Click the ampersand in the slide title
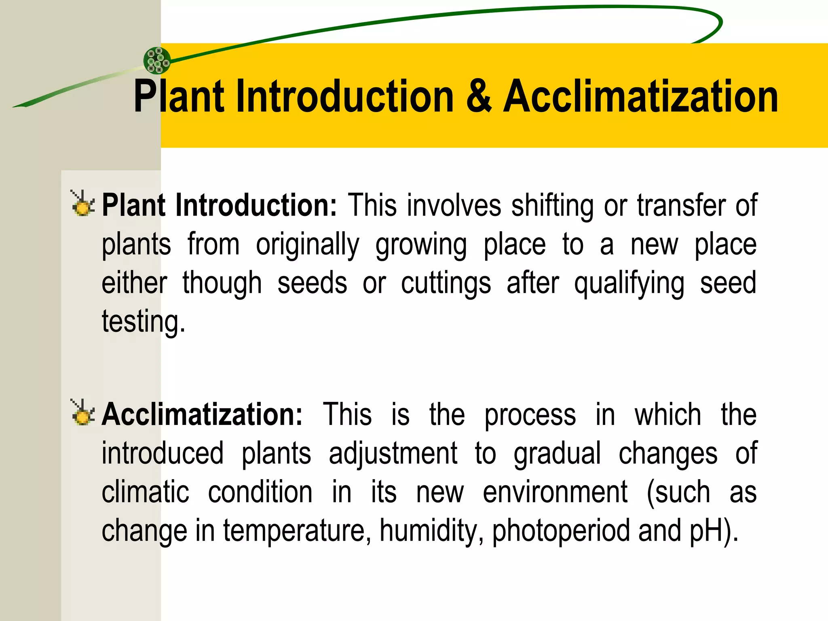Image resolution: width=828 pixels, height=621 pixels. [479, 97]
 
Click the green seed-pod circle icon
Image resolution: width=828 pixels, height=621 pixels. [157, 61]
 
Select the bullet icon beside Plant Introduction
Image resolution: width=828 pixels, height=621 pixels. [83, 203]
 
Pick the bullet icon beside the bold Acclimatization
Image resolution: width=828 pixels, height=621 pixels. [83, 413]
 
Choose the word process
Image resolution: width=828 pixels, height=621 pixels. [530, 415]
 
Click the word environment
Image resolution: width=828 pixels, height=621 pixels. [555, 492]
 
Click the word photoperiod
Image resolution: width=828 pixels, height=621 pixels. [561, 530]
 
